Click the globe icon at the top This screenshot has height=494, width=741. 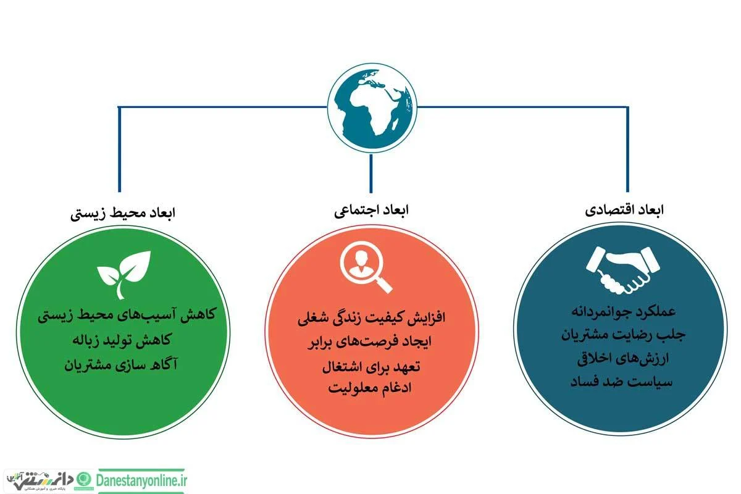point(372,108)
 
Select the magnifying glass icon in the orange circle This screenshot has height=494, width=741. point(366,267)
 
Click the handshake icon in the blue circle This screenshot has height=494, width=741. point(622,270)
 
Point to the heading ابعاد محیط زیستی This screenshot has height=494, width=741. point(123,213)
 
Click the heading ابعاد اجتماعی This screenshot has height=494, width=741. point(371,211)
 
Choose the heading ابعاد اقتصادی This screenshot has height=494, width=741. point(624,210)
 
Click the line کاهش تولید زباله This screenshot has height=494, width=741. point(122,340)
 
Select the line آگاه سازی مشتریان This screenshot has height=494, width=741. point(121,365)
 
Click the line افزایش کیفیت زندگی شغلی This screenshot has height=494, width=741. point(371,318)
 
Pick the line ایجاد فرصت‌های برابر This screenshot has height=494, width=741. point(369,342)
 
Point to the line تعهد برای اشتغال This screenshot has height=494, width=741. point(371,367)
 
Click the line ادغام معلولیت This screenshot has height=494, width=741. point(370,388)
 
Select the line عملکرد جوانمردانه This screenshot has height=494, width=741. point(624,312)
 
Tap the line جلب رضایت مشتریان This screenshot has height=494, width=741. point(623,335)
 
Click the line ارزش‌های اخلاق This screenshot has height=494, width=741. point(623,359)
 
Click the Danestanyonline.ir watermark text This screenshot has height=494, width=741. point(141,480)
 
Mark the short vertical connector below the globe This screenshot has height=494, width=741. point(371,174)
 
